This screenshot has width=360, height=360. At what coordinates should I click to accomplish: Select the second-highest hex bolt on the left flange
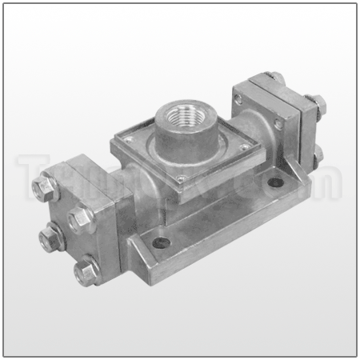(79, 216)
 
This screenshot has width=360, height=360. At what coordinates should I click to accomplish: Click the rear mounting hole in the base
(274, 182)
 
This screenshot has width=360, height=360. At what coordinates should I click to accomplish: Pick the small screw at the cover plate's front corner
(182, 178)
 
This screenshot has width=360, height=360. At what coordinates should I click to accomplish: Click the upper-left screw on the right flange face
(238, 98)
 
